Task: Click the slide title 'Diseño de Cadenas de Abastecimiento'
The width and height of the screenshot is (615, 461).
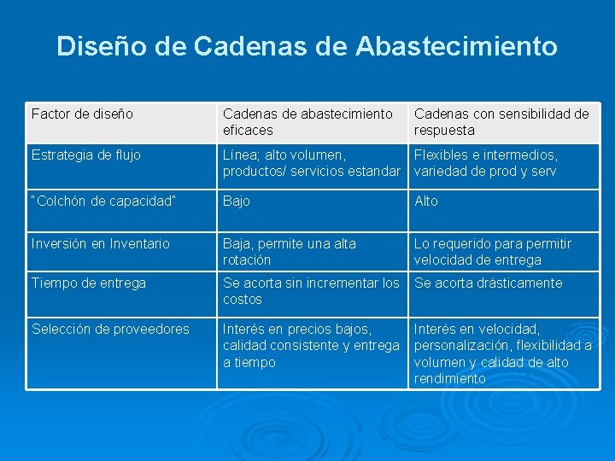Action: [307, 46]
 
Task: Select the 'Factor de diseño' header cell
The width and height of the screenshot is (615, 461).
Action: [82, 114]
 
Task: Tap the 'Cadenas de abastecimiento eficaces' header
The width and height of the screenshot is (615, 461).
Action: [307, 122]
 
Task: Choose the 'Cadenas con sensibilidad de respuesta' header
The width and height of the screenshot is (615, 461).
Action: [501, 122]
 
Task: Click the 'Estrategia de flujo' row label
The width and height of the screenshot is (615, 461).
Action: [86, 155]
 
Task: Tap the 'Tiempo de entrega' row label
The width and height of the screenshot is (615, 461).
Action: [89, 283]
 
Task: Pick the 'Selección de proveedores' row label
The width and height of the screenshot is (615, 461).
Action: [110, 330]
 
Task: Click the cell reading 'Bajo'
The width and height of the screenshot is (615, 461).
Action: [237, 201]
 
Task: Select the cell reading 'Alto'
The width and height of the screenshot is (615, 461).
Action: [426, 201]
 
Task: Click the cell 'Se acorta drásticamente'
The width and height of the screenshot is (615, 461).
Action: [489, 283]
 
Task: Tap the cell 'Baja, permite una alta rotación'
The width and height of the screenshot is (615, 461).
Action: [290, 252]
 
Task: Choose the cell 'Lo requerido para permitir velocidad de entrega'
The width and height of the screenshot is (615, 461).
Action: [493, 252]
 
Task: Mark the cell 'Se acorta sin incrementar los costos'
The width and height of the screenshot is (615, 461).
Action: [311, 291]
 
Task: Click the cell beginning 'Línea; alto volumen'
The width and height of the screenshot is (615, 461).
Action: [311, 163]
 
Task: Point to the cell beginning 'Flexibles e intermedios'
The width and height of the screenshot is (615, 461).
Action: [486, 163]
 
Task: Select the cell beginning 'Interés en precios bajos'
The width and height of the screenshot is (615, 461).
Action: [311, 346]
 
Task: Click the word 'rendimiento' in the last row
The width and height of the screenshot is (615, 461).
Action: [450, 379]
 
